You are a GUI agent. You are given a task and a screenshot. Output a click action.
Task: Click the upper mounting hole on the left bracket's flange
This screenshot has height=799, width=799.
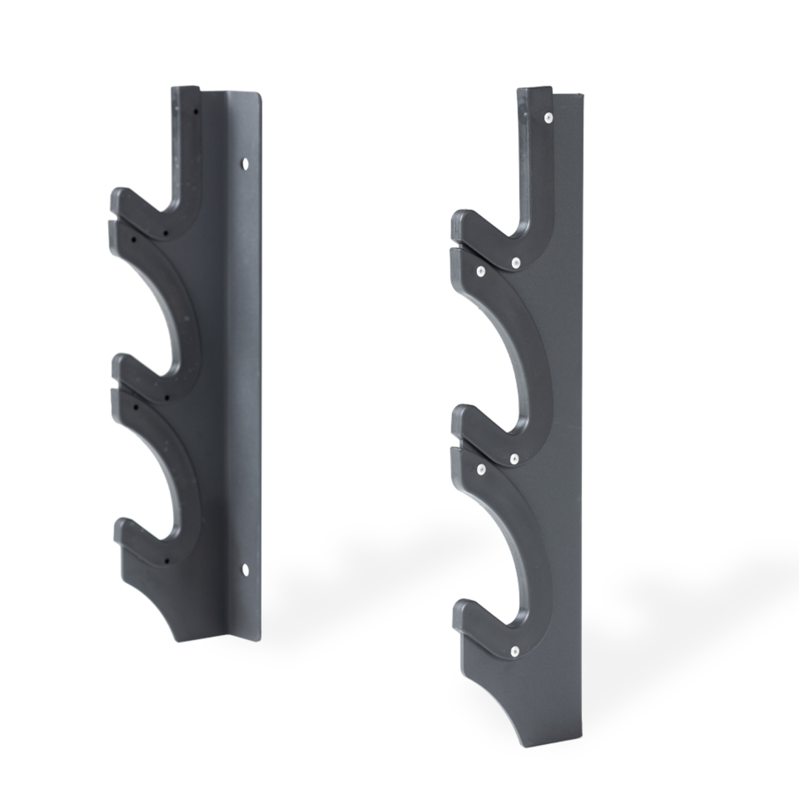pos(245,163)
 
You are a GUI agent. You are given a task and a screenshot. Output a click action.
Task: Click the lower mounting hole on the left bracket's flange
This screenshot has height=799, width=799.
pos(245,568)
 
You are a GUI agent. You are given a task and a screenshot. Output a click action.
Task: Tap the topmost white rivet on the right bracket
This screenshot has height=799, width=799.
pos(547,118)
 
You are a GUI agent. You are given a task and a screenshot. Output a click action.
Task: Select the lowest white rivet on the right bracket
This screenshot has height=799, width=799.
pos(514,651)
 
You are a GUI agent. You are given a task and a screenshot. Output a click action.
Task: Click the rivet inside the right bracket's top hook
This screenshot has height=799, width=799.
pos(516,263)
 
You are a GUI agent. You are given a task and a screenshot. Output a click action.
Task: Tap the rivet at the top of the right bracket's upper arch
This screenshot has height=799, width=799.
pos(480,272)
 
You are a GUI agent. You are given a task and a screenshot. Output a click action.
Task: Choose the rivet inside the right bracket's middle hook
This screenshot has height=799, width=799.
pos(513,459)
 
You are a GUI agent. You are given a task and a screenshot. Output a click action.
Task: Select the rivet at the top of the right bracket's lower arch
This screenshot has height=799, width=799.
pos(481,469)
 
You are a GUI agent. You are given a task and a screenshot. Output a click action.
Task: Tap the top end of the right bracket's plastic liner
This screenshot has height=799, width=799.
pos(534,92)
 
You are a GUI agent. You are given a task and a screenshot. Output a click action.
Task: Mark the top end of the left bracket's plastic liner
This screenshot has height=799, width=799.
pos(185,91)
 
